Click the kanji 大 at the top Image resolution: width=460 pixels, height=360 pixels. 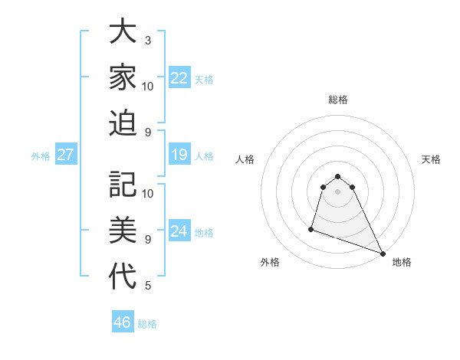[123, 33]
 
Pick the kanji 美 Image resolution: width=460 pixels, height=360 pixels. [123, 230]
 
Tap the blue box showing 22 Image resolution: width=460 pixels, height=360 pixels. [179, 78]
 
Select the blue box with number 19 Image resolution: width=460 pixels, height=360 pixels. [179, 155]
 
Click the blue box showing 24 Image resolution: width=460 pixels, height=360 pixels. [179, 231]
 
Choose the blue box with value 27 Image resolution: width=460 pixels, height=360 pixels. [65, 155]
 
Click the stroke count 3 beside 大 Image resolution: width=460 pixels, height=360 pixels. [148, 40]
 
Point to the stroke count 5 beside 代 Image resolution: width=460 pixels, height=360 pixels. [148, 286]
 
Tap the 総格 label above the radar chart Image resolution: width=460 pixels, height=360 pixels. [337, 100]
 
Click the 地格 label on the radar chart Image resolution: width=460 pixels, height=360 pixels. [402, 263]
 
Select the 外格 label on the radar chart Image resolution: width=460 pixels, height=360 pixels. [270, 263]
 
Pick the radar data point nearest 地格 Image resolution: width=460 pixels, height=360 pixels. [383, 253]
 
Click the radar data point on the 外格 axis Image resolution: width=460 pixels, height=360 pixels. [311, 228]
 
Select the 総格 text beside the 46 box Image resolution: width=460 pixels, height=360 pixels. [147, 324]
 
